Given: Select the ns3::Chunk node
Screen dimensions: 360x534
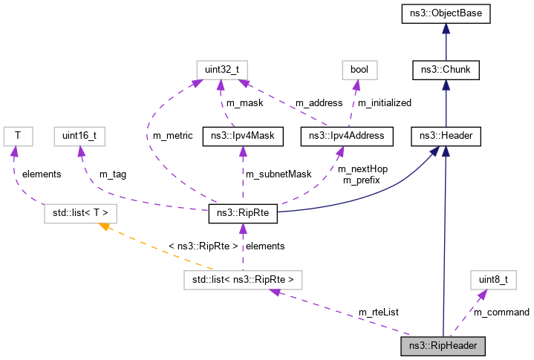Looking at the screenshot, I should click(445, 70).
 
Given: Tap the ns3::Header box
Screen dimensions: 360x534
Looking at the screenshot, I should click(445, 136).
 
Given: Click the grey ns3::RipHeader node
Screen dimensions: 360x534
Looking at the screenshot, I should click(443, 345).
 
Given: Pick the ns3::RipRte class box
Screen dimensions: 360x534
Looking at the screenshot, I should click(243, 215).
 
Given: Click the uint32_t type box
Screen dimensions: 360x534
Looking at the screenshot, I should click(221, 70).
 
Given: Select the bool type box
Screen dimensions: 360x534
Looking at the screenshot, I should click(359, 70).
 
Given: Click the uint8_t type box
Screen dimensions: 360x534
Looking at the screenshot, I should click(492, 280).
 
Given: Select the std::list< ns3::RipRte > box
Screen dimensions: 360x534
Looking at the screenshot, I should click(244, 280).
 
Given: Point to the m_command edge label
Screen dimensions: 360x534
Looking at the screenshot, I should click(501, 312).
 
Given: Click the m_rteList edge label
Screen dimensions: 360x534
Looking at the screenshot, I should click(379, 312).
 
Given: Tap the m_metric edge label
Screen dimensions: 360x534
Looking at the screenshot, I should click(172, 136).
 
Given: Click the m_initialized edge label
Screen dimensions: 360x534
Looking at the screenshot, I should click(383, 102).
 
